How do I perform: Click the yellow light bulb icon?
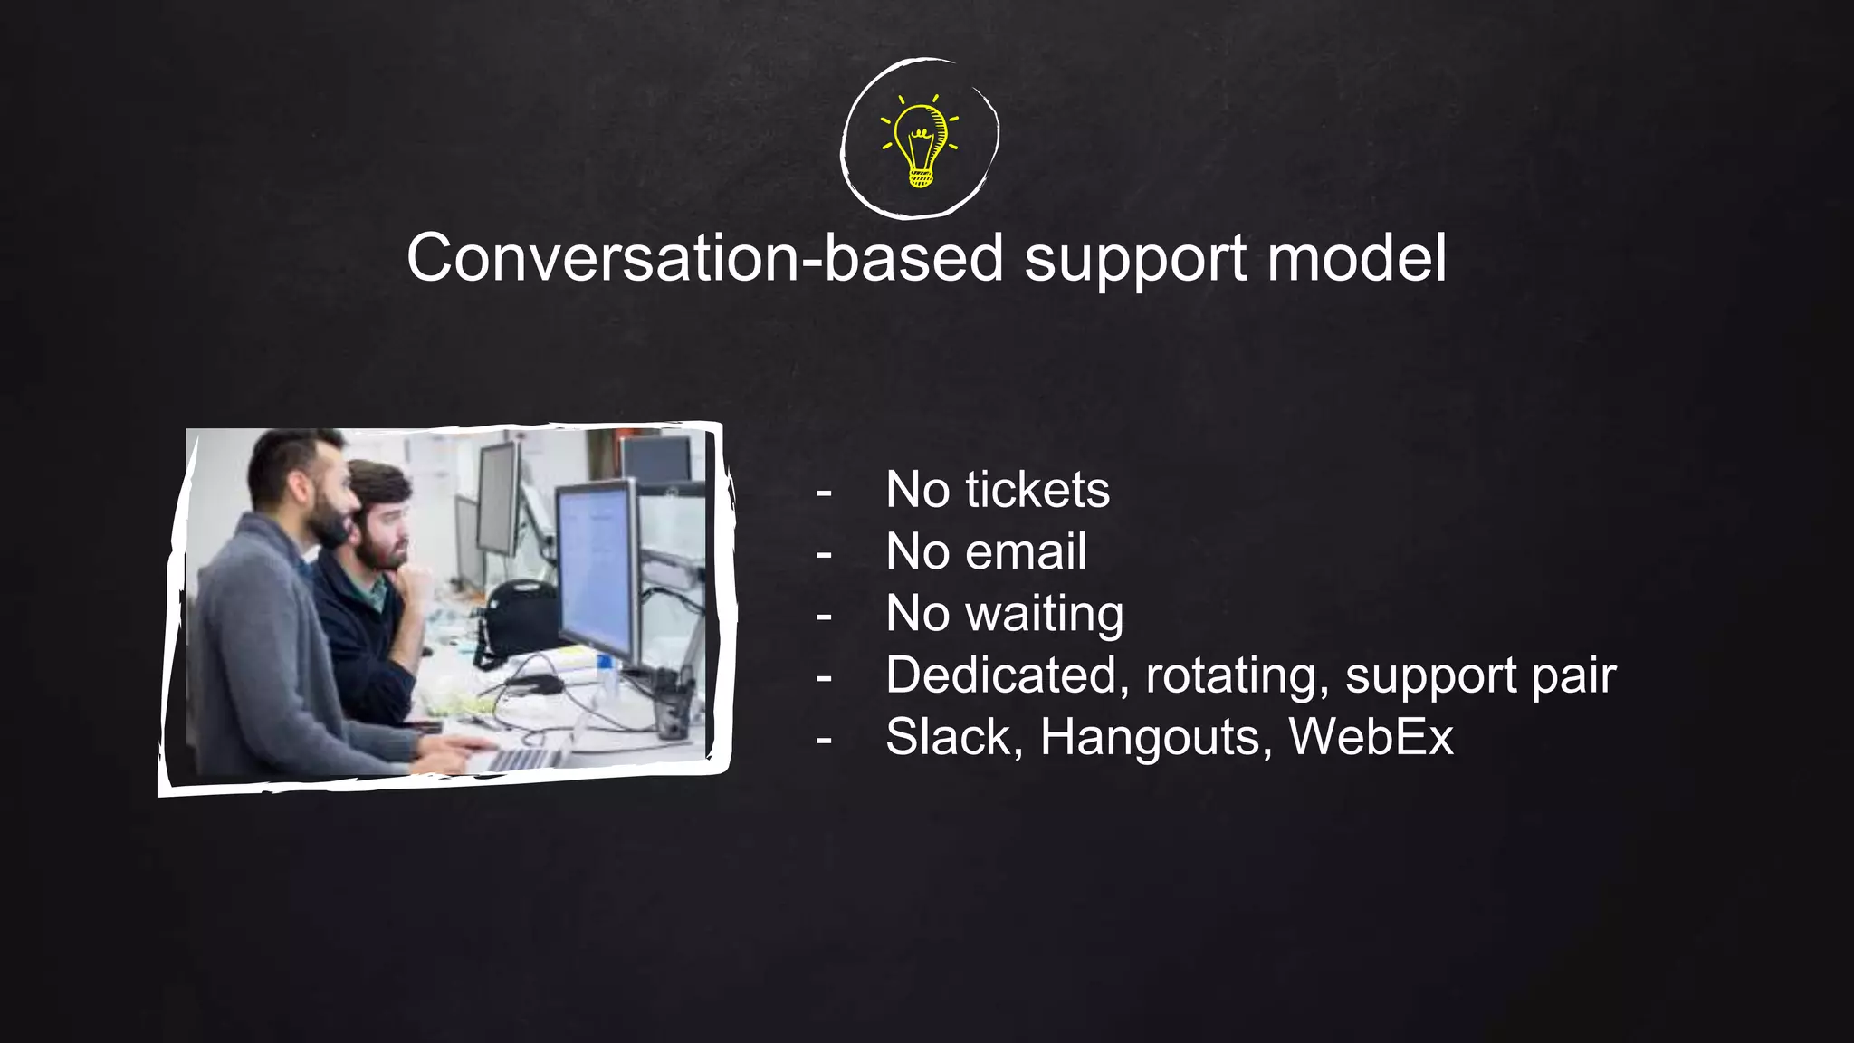920,141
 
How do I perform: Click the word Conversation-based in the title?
704,258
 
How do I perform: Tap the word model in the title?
1356,258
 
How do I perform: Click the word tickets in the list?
1037,490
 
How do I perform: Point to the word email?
1026,551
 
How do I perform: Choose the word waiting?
1045,615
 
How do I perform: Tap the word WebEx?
1371,737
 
